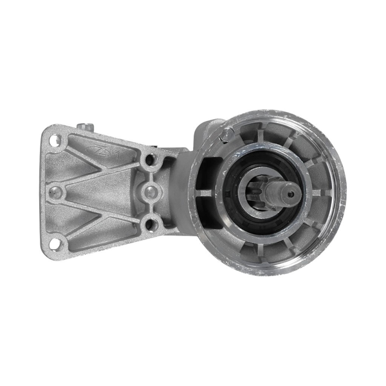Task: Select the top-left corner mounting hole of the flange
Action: tap(55, 138)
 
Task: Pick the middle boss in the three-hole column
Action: tap(151, 191)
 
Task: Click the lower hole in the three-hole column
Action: tap(151, 224)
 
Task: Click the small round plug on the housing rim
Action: tap(226, 134)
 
